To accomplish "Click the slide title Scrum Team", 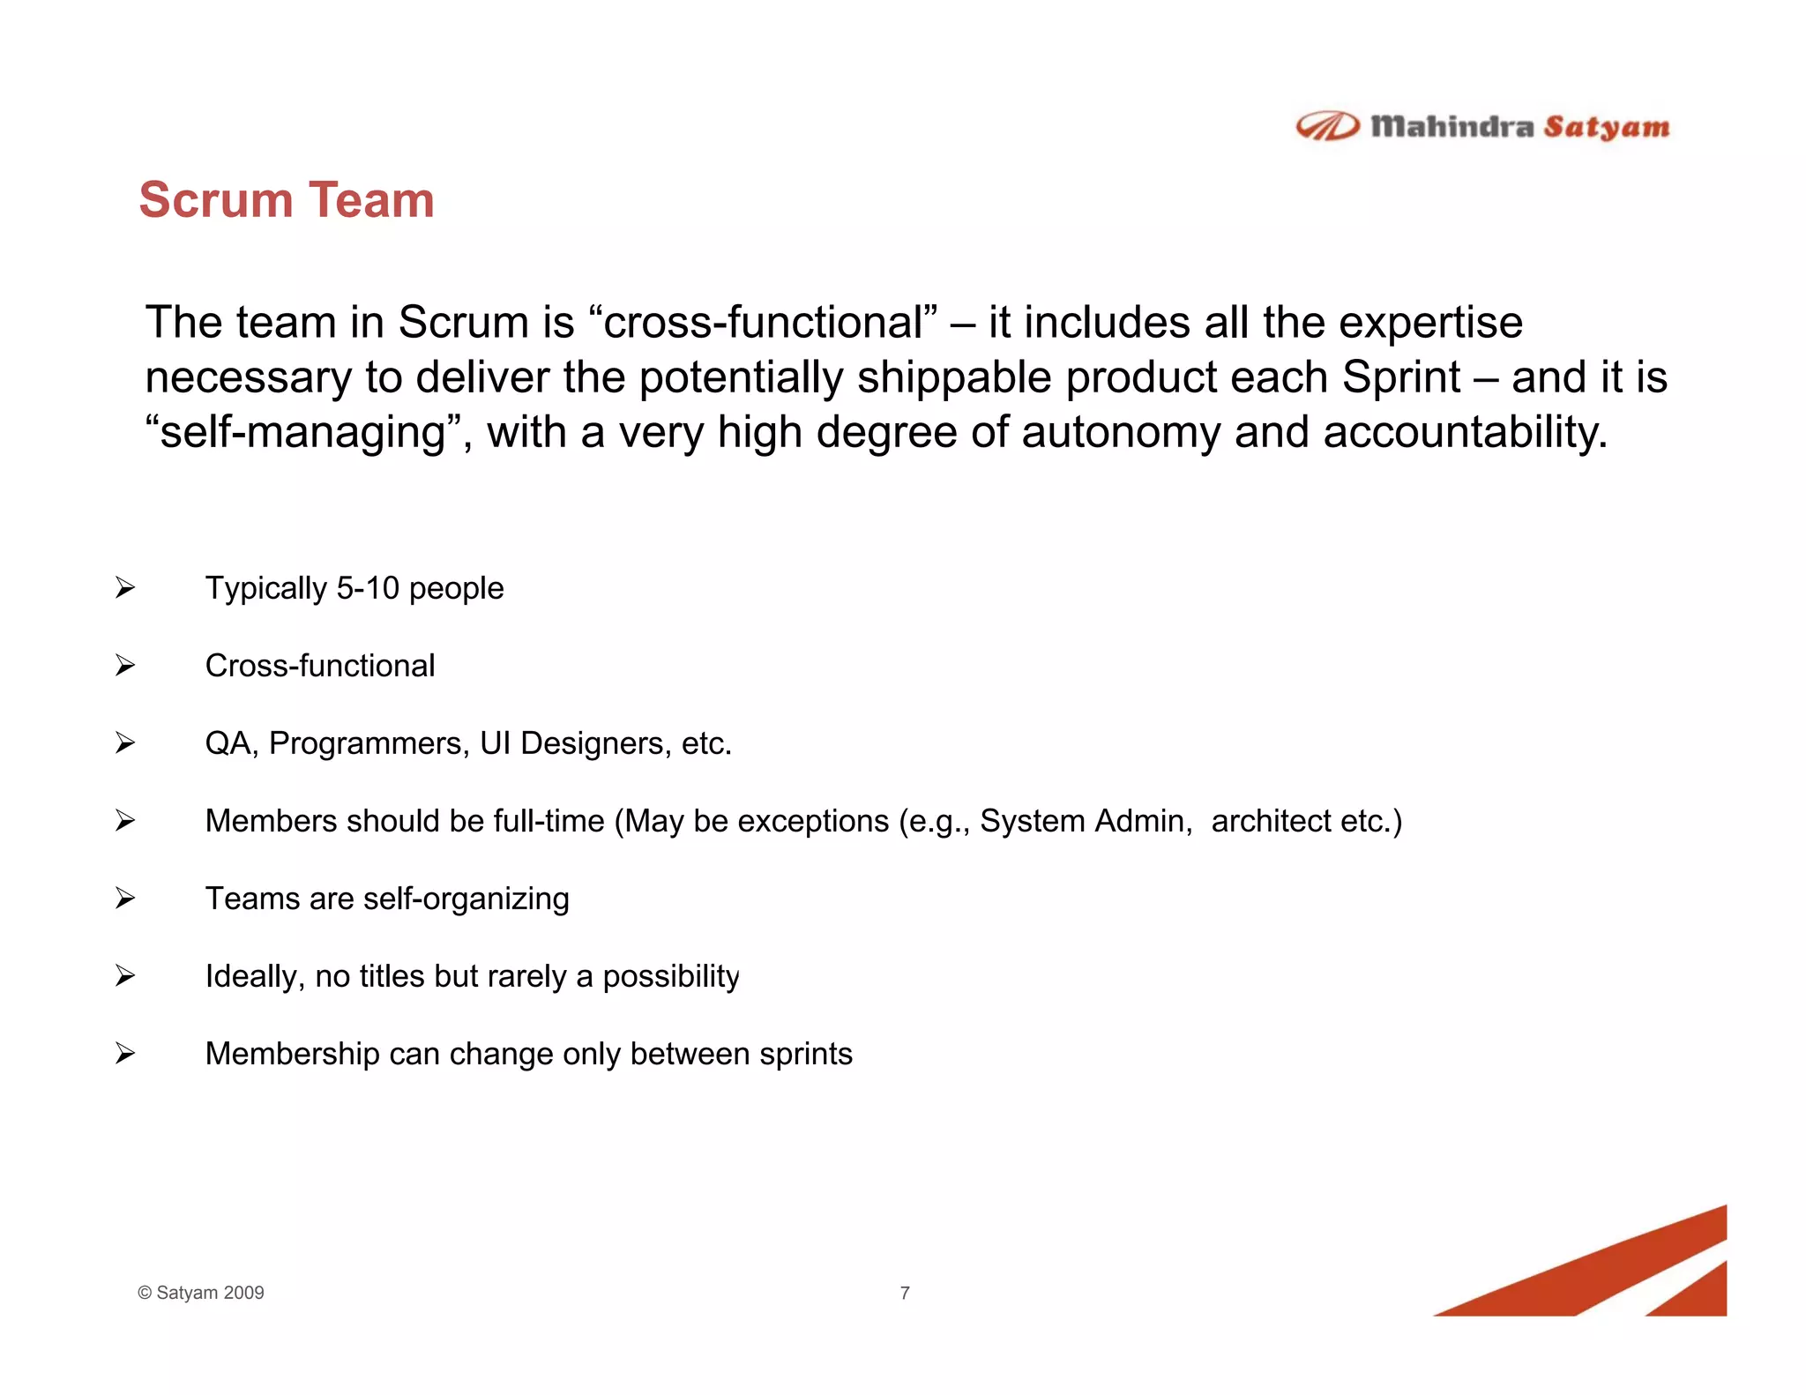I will (x=287, y=200).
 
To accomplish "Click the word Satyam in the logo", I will (x=1606, y=128).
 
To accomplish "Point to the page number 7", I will (x=905, y=1293).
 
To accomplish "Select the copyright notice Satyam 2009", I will (x=201, y=1293).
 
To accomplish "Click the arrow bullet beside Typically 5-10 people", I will (x=125, y=587).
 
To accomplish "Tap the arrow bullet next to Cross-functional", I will (x=125, y=665).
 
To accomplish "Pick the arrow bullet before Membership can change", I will (x=125, y=1053).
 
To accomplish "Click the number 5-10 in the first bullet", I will (x=368, y=588).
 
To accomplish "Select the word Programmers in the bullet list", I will (x=369, y=744).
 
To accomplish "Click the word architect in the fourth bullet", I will (x=1271, y=821).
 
